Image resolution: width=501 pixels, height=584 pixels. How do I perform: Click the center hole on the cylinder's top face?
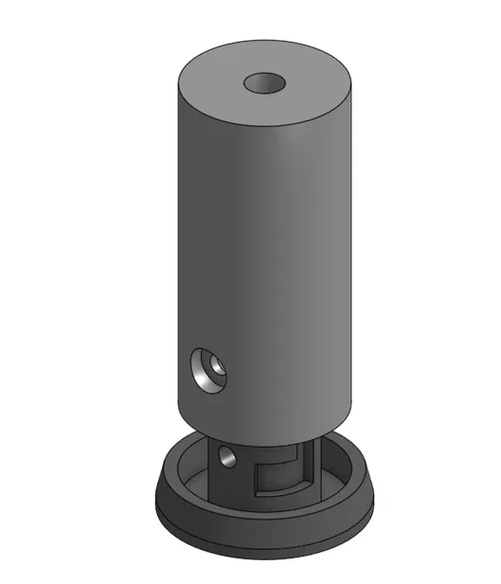(x=265, y=83)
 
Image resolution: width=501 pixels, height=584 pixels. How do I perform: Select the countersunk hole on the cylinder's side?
(x=208, y=370)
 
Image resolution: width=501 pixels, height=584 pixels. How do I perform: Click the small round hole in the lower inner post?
(x=225, y=456)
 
